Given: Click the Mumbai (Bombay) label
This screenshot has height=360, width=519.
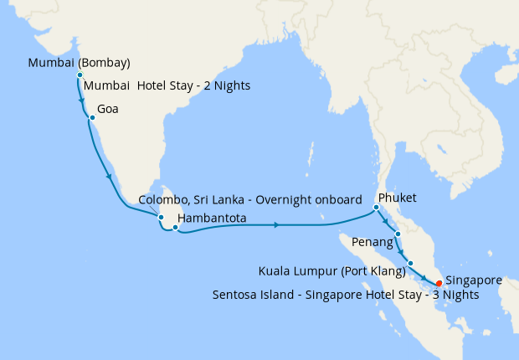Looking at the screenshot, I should click(79, 63).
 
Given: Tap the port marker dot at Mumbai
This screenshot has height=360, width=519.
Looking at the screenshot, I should click(80, 75).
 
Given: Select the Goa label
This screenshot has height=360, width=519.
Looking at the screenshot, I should click(108, 109).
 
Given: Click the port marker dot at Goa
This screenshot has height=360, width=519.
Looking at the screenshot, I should click(91, 118).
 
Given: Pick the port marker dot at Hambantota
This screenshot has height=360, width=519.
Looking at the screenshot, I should click(175, 227).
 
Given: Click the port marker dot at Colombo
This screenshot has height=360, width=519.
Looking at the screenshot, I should click(162, 217).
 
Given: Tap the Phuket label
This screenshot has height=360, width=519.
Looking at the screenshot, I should click(398, 198).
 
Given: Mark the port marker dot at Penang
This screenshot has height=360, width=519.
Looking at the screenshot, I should click(398, 234).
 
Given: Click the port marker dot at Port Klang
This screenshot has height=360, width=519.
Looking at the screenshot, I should click(410, 264).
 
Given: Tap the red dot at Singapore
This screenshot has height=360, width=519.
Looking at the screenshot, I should click(439, 283).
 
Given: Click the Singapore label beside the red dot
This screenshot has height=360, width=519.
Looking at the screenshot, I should click(474, 280).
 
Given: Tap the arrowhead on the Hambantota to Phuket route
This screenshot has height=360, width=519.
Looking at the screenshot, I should click(277, 224).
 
